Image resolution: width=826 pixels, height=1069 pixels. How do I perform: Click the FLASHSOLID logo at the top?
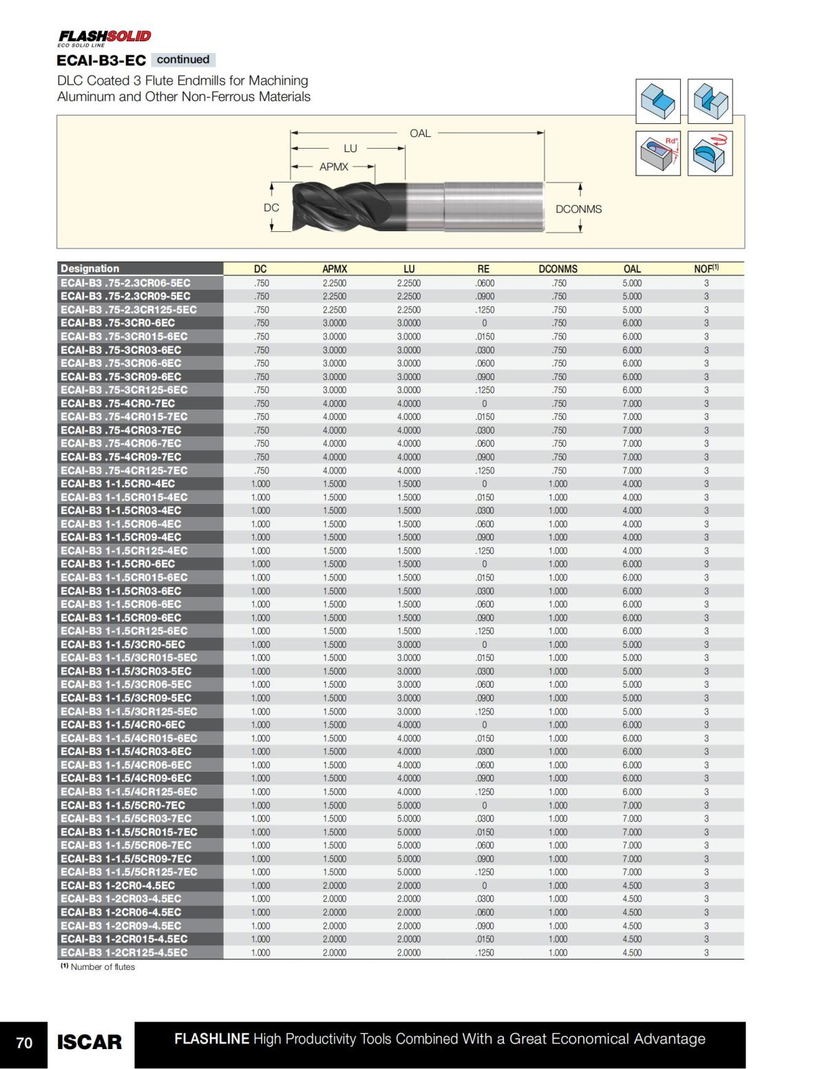pyautogui.click(x=105, y=36)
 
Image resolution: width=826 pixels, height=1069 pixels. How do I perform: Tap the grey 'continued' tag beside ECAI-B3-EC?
pyautogui.click(x=182, y=60)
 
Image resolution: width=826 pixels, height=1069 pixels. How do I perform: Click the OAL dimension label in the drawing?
pyautogui.click(x=420, y=133)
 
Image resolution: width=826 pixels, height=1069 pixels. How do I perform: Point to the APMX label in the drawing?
pyautogui.click(x=334, y=167)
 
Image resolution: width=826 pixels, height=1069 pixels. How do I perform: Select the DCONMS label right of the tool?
pyautogui.click(x=578, y=209)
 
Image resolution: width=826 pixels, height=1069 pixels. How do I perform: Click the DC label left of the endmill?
pyautogui.click(x=271, y=207)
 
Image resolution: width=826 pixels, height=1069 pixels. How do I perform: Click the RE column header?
pyautogui.click(x=483, y=269)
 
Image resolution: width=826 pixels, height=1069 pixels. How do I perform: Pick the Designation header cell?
pyautogui.click(x=90, y=268)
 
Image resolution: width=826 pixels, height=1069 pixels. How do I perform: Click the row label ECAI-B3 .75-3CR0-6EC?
pyautogui.click(x=118, y=323)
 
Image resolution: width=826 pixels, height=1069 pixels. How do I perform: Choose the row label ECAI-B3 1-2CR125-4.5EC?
pyautogui.click(x=124, y=953)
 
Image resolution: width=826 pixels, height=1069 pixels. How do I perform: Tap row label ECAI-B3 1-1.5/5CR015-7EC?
pyautogui.click(x=129, y=832)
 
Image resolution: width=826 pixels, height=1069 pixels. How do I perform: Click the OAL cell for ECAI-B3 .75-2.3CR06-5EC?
pyautogui.click(x=632, y=283)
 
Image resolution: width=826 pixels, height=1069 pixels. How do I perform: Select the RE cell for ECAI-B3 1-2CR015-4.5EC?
pyautogui.click(x=485, y=939)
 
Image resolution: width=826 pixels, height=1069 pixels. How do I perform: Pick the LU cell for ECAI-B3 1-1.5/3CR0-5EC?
pyautogui.click(x=409, y=644)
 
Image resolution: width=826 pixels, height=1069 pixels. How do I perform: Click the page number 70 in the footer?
pyautogui.click(x=24, y=1043)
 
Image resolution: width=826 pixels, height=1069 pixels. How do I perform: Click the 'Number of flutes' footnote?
pyautogui.click(x=98, y=967)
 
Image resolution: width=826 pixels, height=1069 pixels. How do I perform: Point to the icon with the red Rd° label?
pyautogui.click(x=657, y=153)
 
